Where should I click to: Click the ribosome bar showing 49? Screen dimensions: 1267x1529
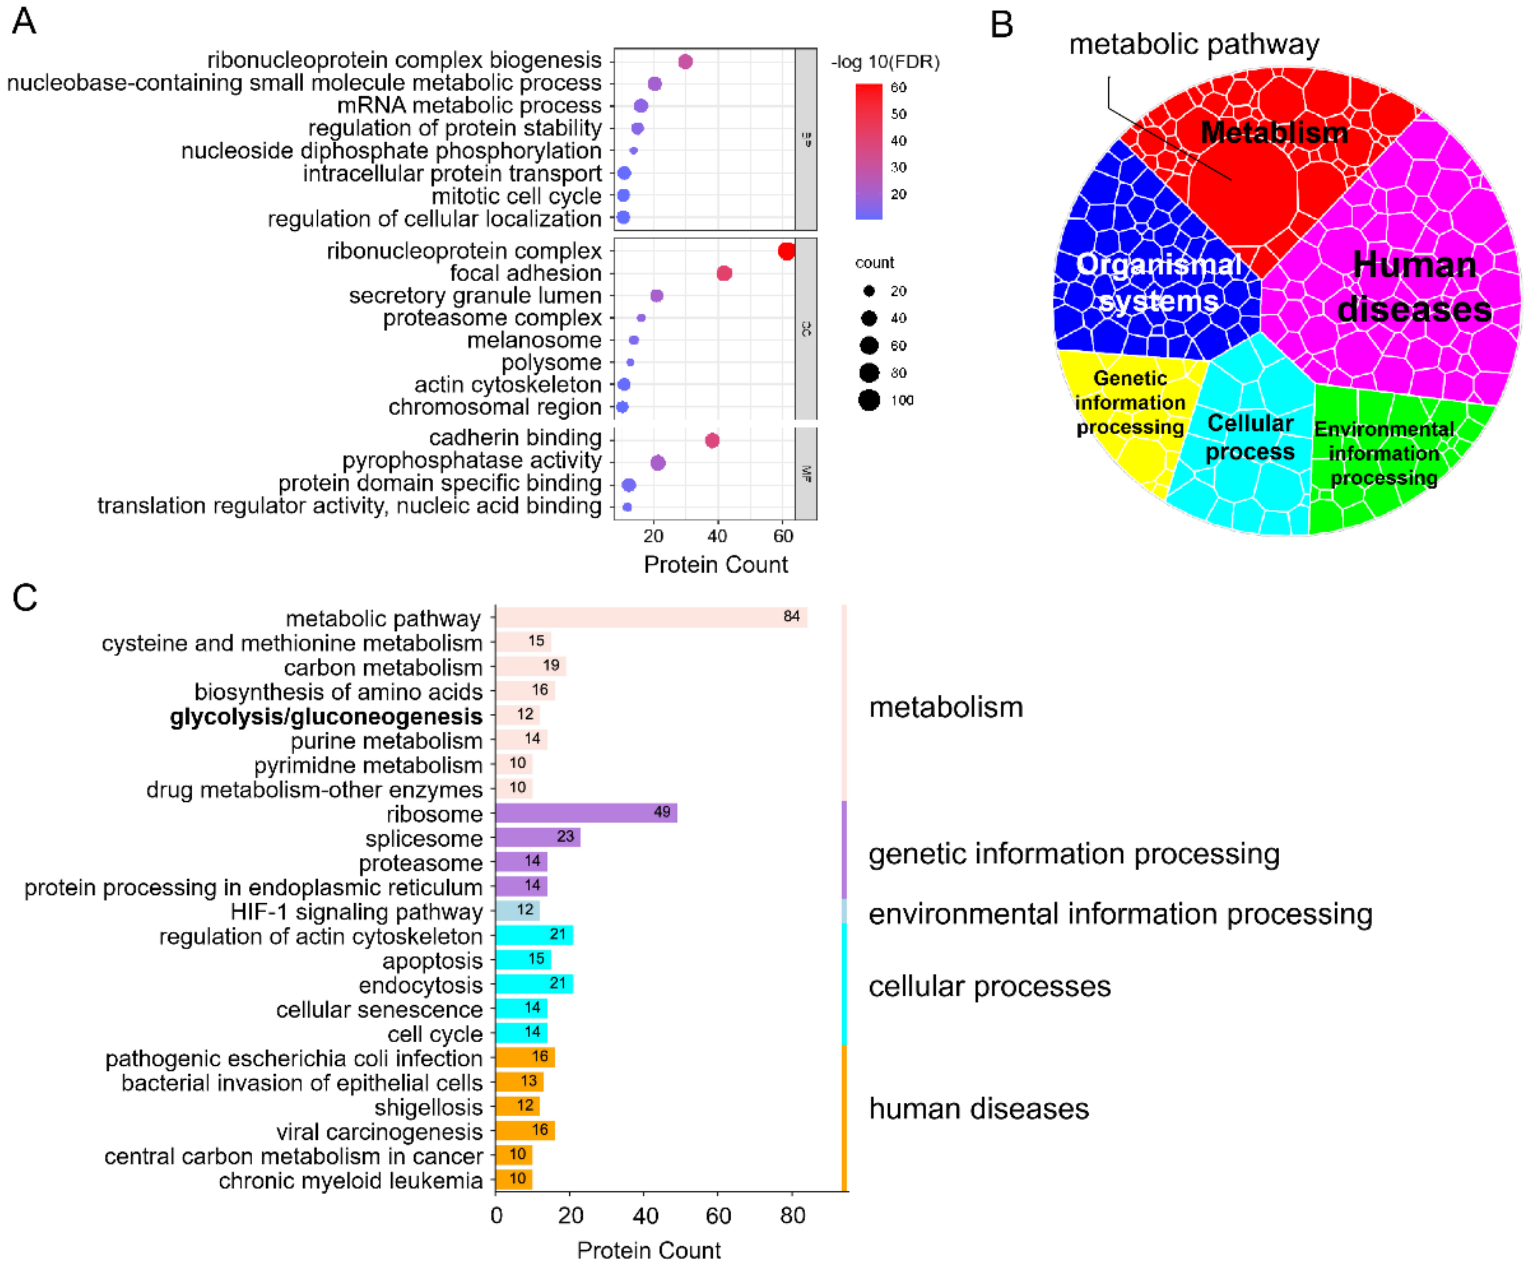click(586, 813)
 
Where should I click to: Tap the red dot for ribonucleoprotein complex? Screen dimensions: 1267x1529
click(786, 251)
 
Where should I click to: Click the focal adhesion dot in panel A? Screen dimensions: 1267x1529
click(724, 273)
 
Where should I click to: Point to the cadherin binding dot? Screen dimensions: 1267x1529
click(712, 440)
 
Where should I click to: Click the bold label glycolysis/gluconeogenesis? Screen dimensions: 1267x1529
click(326, 717)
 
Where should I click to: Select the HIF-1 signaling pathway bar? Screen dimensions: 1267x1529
click(517, 910)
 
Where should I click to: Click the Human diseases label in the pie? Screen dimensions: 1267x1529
click(1414, 287)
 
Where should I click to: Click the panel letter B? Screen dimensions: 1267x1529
click(1002, 25)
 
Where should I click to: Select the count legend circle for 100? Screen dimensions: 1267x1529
click(869, 400)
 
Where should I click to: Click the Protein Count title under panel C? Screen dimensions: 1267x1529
click(648, 1250)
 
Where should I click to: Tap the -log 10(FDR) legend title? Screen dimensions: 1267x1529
click(885, 62)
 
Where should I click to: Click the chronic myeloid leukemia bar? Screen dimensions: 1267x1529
click(514, 1179)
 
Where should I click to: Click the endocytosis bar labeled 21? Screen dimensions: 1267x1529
click(534, 984)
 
